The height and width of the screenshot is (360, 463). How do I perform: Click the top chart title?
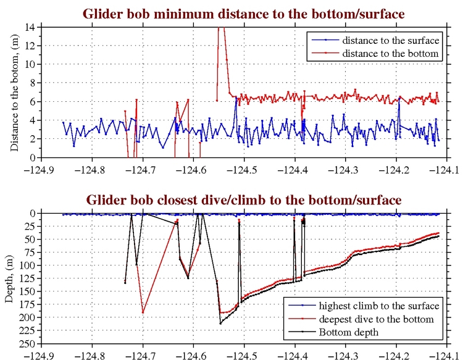[x=241, y=12]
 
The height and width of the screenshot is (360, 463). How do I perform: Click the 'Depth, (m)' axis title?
[x=9, y=278]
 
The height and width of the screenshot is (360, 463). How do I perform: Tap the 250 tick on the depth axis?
[x=28, y=343]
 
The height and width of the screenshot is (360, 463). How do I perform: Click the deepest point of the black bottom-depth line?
[x=220, y=323]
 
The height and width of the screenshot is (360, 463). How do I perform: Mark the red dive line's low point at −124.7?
[x=143, y=312]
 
